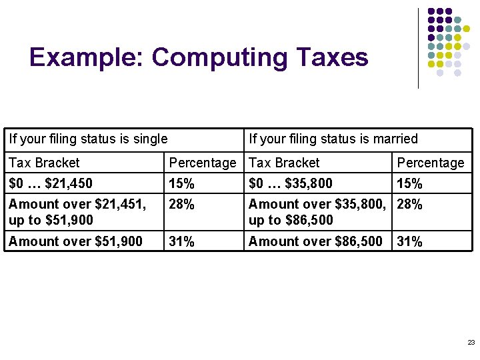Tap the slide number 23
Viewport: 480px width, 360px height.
[471, 342]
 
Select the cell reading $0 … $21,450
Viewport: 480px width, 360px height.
[51, 183]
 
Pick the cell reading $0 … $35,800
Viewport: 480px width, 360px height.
[291, 183]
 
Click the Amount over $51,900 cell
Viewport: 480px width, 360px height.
[76, 241]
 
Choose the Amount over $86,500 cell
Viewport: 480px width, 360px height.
[316, 241]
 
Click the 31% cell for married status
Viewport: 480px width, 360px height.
[410, 241]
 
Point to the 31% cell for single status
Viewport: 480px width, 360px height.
[182, 241]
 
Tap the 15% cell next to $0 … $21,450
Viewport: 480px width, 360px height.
[182, 183]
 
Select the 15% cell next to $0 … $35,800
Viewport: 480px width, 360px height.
[410, 183]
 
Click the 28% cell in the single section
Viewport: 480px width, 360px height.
[182, 205]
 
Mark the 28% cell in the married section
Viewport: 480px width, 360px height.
[410, 205]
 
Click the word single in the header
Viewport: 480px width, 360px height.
[149, 139]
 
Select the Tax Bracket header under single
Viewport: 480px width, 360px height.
[44, 163]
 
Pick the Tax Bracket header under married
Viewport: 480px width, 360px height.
[284, 163]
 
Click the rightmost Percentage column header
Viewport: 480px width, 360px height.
[431, 163]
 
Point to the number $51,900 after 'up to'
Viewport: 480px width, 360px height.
[69, 220]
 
